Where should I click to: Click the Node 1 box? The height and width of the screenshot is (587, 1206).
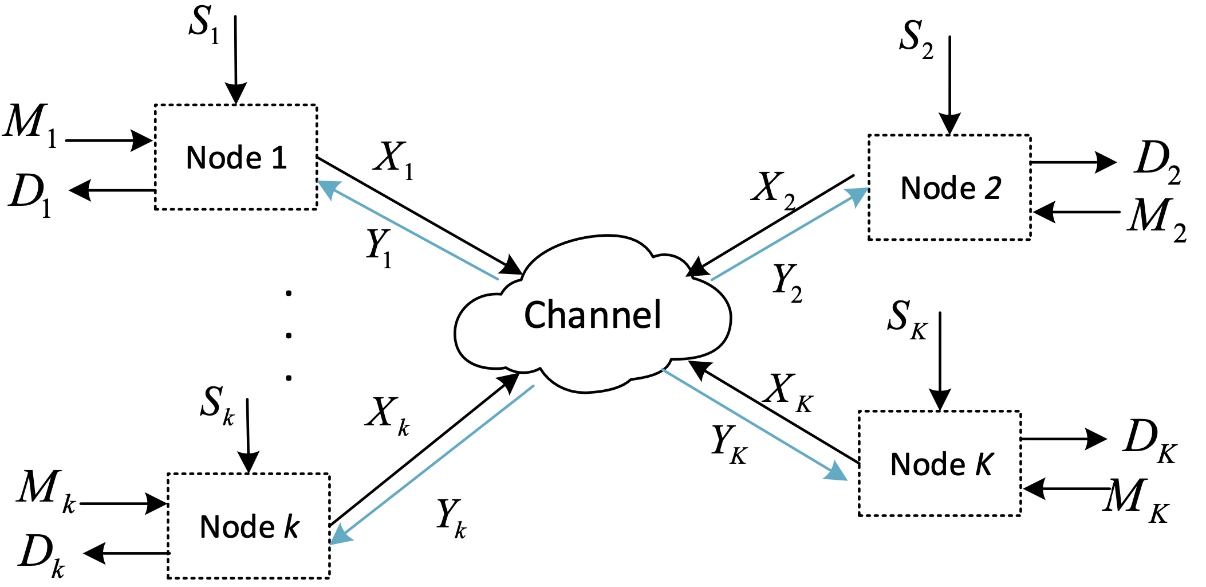point(235,157)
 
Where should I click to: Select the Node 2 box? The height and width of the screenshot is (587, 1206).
point(949,187)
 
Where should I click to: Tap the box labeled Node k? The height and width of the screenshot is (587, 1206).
point(249,526)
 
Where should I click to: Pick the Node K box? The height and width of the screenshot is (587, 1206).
point(940,464)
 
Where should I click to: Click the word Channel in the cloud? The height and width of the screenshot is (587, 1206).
point(593,315)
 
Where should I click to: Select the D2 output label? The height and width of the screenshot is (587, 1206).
point(1157,162)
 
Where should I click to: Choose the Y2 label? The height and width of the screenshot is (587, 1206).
point(787,283)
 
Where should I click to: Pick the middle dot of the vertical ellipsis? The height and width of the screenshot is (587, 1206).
point(289,335)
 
